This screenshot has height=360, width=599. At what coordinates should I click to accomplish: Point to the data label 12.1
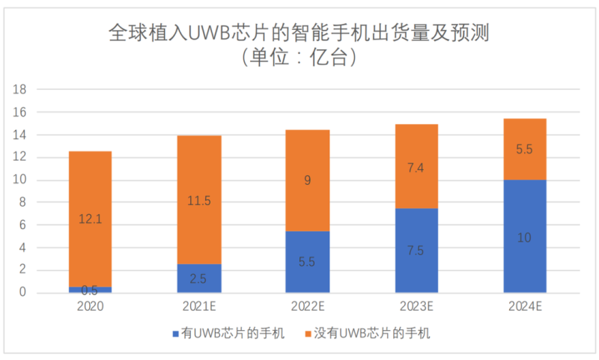[x=90, y=219]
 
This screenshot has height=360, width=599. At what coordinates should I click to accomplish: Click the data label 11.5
[x=199, y=201]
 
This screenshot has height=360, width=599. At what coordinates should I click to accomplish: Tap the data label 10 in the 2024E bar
[x=524, y=237]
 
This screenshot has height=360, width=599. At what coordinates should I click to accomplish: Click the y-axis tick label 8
[x=24, y=203]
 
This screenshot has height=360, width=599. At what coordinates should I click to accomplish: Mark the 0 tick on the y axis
[x=24, y=293]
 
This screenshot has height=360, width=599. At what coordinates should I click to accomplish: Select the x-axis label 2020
[x=90, y=307]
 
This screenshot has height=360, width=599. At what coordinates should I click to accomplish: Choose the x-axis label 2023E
[x=416, y=307]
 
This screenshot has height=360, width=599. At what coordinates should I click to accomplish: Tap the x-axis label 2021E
[x=199, y=307]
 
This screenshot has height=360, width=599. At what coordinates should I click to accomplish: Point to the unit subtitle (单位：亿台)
[x=298, y=58]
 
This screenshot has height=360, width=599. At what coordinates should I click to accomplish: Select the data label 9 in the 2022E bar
[x=308, y=180]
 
